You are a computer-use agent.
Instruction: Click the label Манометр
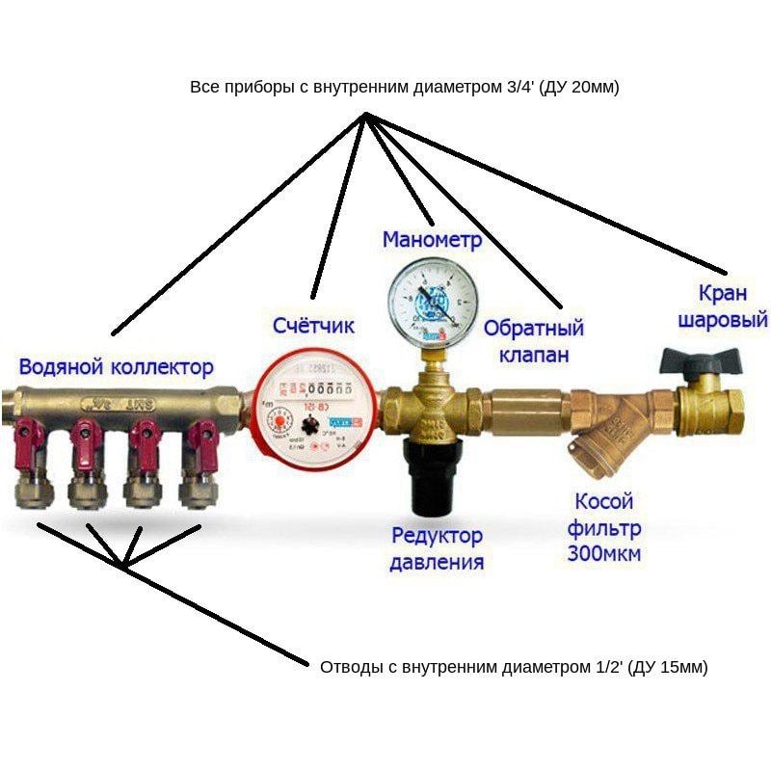coord(431,239)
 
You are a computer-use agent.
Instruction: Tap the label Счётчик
coord(312,326)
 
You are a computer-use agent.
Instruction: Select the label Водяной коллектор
coord(116,367)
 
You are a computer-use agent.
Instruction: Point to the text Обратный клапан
coord(532,341)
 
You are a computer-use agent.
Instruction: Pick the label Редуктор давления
coord(437,548)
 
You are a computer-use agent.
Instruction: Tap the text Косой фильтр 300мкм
coord(604,527)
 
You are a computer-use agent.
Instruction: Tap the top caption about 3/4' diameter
coord(405,87)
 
